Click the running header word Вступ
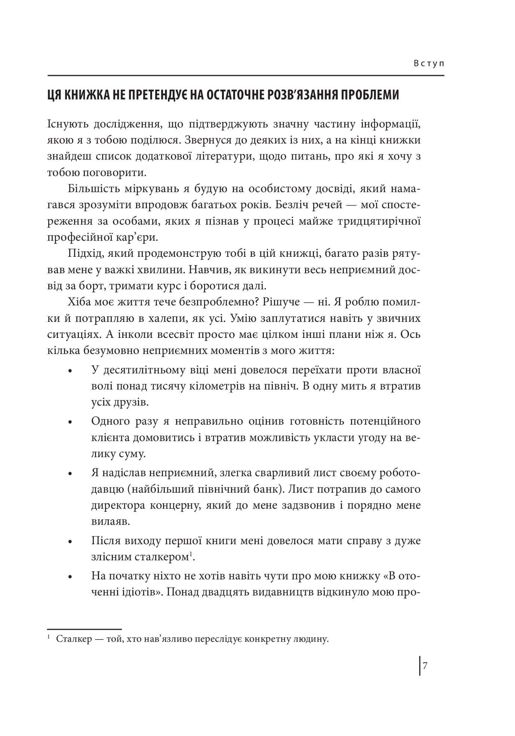click(429, 64)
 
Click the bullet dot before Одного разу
click(70, 422)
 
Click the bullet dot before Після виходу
click(70, 542)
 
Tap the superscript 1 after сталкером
click(190, 554)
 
